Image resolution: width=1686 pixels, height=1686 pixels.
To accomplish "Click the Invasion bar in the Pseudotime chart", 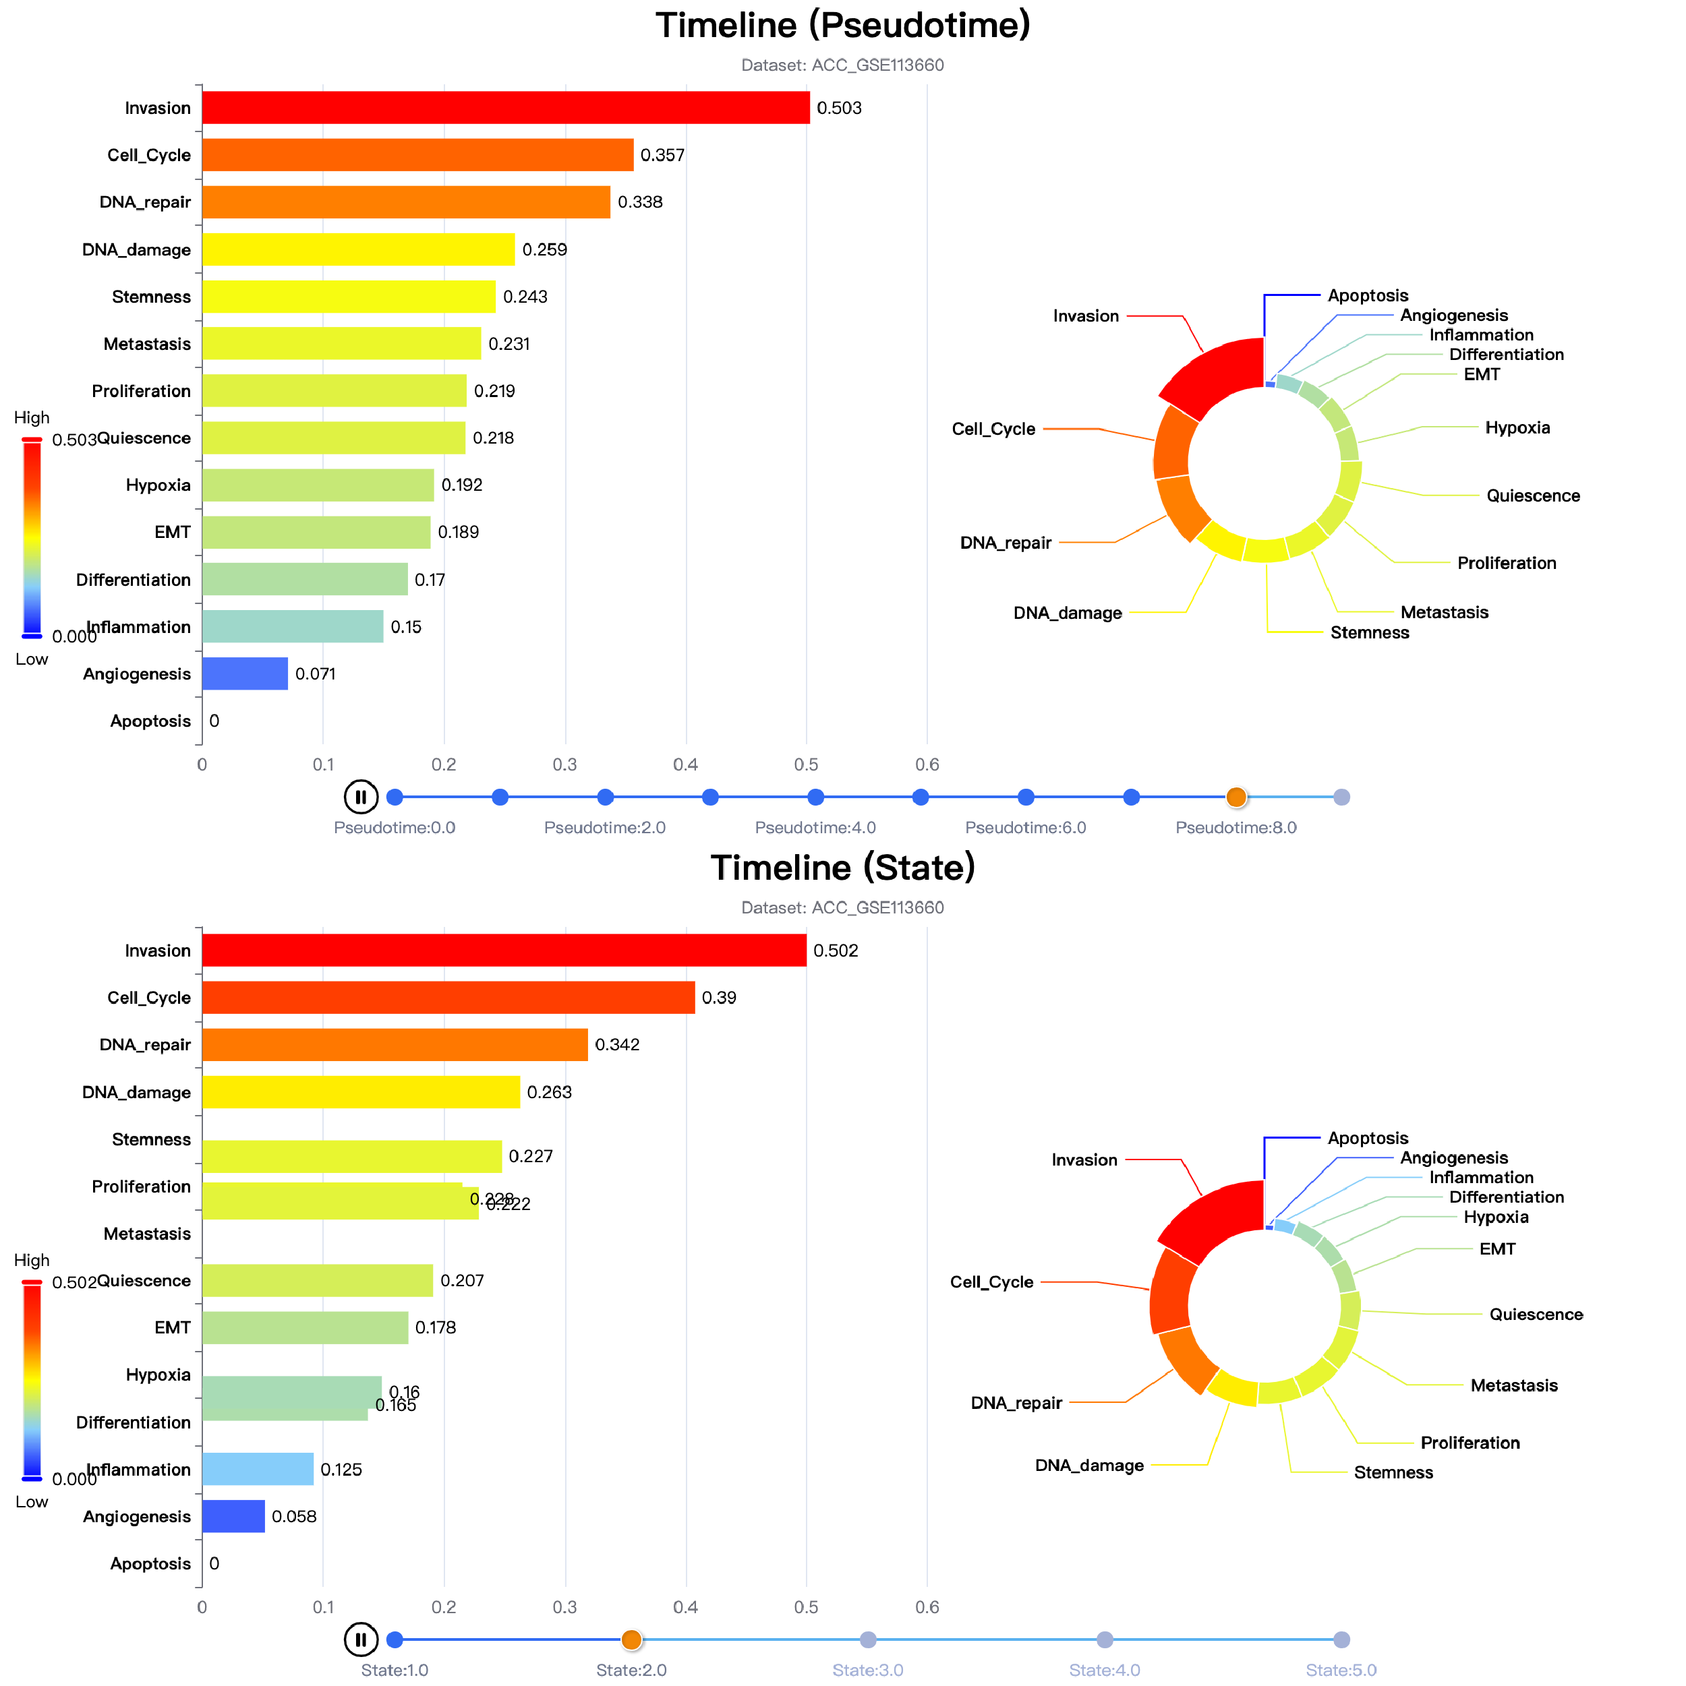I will (x=506, y=107).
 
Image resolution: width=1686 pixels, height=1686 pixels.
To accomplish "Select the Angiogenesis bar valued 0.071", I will (x=245, y=673).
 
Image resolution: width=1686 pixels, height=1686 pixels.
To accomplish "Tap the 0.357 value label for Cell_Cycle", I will (x=662, y=155).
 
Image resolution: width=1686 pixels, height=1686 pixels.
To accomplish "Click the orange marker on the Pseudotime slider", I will (x=1236, y=797).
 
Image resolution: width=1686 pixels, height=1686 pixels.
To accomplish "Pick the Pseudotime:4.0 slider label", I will (x=815, y=827).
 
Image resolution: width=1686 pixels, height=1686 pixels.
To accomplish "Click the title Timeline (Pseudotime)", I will (x=842, y=26).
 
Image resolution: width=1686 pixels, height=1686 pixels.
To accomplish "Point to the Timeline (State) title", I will (x=842, y=868).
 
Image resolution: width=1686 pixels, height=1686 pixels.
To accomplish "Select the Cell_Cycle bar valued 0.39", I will (x=448, y=998).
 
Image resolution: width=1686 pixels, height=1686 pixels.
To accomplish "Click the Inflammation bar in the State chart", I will (x=258, y=1470).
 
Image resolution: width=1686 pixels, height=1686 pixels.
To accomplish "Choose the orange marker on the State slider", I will (x=631, y=1639).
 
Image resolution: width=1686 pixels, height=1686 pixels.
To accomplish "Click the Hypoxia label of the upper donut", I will (x=1517, y=427).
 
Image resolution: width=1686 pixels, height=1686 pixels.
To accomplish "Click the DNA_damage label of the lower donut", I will (x=1088, y=1465).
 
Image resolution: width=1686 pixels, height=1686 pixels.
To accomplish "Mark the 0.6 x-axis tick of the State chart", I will (x=927, y=1607).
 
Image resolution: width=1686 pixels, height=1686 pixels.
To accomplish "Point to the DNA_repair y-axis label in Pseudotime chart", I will (x=145, y=202).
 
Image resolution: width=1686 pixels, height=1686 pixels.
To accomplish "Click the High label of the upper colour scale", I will (x=32, y=418).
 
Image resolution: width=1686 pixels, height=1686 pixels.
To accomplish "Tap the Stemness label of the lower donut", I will (x=1393, y=1473).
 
